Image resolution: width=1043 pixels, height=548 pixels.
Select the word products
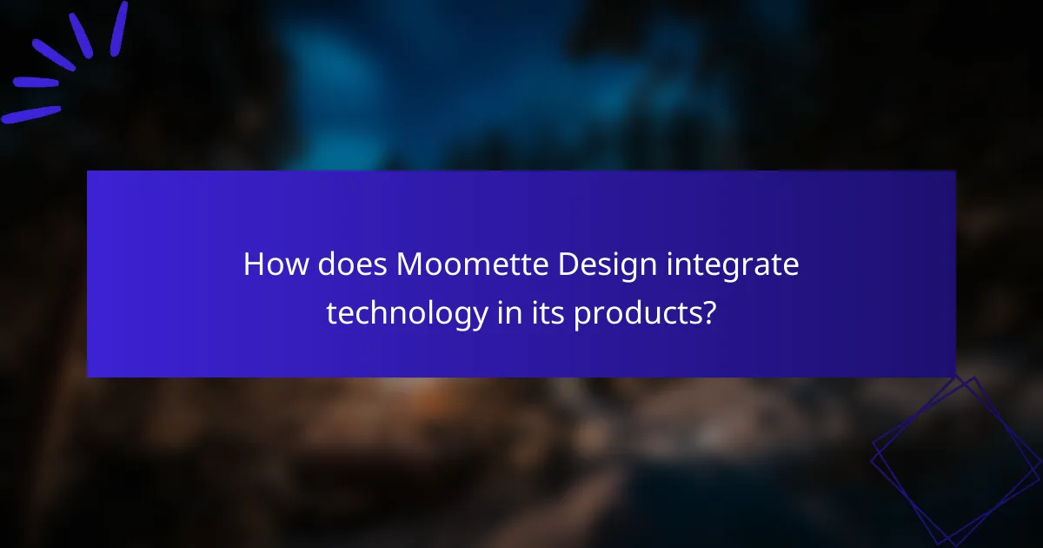point(638,313)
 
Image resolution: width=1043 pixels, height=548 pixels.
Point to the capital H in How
point(253,264)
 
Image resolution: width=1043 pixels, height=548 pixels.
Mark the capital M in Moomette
point(409,264)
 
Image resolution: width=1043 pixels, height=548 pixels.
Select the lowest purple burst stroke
point(31,114)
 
